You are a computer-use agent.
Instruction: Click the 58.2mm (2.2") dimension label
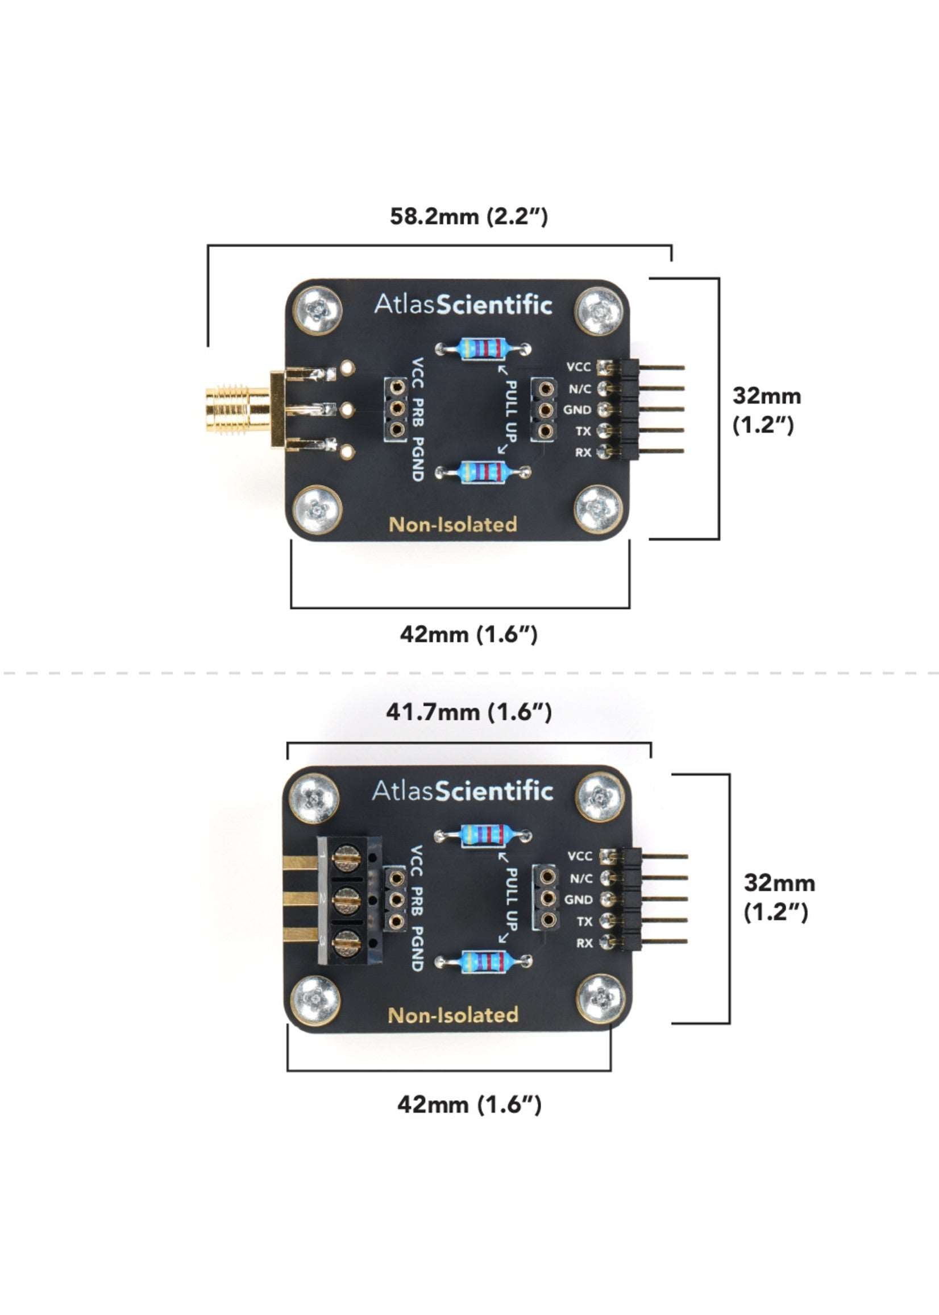[468, 216]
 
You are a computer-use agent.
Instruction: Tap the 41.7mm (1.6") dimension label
[468, 712]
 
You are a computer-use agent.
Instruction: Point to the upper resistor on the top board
[483, 349]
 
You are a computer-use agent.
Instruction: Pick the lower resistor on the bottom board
[483, 962]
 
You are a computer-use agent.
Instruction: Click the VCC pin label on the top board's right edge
[578, 367]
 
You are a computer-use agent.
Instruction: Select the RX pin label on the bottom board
[584, 943]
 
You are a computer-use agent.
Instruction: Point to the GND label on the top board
[577, 409]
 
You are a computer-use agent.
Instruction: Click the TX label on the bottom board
[584, 921]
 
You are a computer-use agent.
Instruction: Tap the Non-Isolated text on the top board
[452, 525]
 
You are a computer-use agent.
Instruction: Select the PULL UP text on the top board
[510, 407]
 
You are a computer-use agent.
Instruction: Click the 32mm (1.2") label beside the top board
[766, 410]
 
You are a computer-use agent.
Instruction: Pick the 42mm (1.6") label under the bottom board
[468, 1105]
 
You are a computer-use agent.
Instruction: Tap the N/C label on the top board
[579, 389]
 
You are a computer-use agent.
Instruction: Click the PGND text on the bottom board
[417, 948]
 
